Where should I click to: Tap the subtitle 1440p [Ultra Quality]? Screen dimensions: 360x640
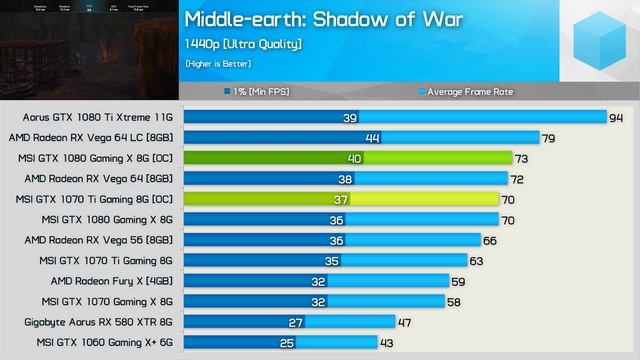243,44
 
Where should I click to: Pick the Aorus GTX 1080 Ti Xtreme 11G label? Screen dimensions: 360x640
92,117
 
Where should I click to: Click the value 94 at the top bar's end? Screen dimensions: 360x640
615,117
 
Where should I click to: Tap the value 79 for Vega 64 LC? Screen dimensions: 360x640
548,138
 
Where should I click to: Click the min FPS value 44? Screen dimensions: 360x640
372,138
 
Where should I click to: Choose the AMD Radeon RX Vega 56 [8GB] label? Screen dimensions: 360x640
98,240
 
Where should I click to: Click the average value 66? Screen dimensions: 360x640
489,240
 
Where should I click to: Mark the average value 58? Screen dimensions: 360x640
454,302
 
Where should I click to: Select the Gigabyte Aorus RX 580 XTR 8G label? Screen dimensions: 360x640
99,322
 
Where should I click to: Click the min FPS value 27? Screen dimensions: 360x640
295,322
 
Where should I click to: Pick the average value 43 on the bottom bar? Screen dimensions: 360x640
386,343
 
